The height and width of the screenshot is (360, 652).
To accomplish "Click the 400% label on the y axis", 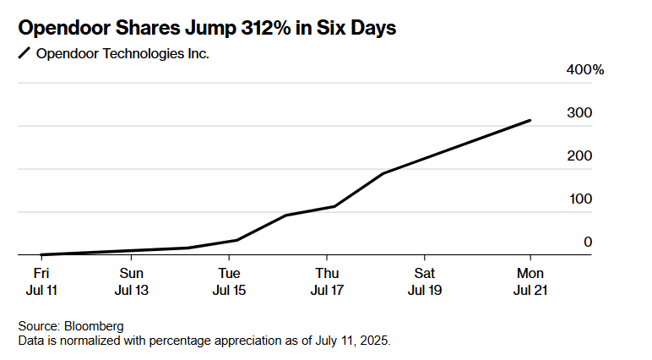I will pos(585,70).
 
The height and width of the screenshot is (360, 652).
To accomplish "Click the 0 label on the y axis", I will pos(588,243).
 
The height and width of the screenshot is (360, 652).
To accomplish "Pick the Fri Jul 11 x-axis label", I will pos(41,281).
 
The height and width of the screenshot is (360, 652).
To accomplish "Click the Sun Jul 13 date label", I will pos(131,281).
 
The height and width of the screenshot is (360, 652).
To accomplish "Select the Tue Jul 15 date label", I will pos(229,281).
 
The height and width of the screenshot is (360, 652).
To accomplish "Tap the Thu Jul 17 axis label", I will pos(327,281).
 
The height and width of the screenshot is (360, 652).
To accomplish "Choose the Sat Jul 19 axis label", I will pos(425,281).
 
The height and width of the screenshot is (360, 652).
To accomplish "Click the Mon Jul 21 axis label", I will pos(530,281).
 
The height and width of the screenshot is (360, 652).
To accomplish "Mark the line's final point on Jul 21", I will pos(530,120).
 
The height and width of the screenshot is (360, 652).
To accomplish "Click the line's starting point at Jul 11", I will pos(41,254).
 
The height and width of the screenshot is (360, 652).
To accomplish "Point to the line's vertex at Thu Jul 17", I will pos(334,206).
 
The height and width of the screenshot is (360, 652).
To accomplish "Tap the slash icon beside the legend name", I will pos(24,54).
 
